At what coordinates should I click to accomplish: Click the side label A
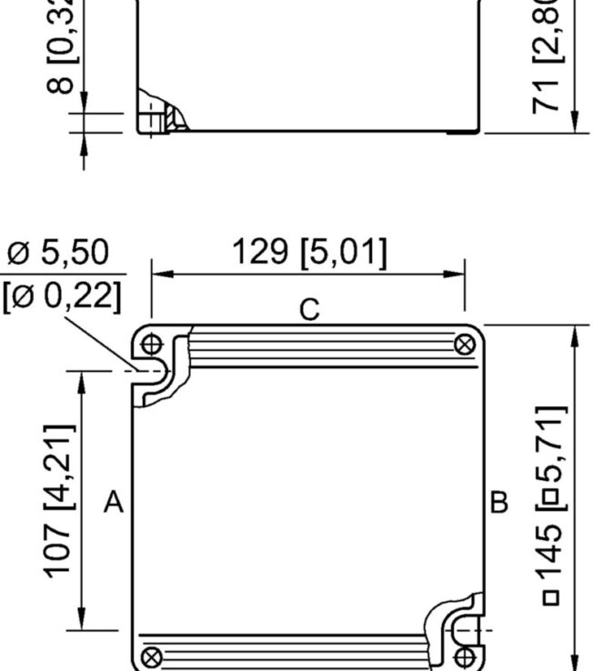(x=113, y=501)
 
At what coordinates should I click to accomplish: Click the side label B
(x=499, y=501)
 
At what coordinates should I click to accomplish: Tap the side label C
(x=309, y=310)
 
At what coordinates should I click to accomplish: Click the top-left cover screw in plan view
(x=152, y=345)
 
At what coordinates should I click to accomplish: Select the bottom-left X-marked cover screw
(x=153, y=655)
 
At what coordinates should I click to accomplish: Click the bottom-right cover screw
(x=467, y=656)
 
